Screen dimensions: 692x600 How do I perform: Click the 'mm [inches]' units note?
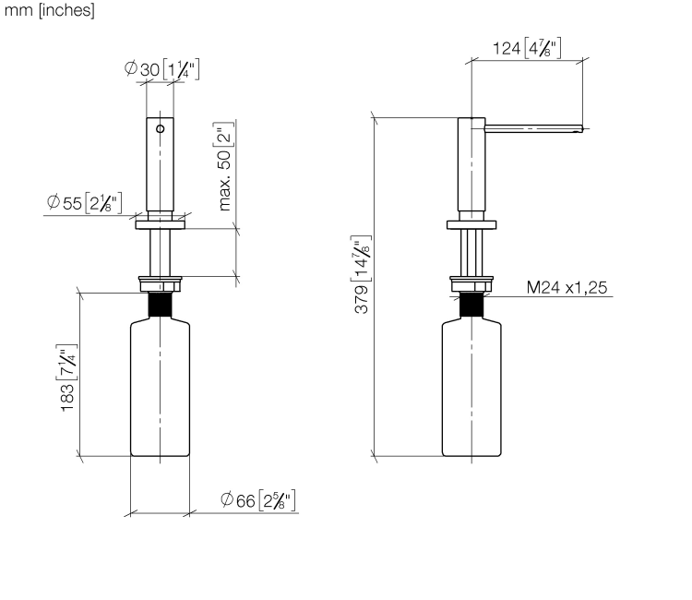pyautogui.click(x=50, y=10)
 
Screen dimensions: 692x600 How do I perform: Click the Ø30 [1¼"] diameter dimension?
pyautogui.click(x=162, y=69)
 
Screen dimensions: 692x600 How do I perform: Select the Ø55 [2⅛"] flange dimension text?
pyautogui.click(x=84, y=203)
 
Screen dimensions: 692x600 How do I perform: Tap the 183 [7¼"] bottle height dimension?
pyautogui.click(x=67, y=378)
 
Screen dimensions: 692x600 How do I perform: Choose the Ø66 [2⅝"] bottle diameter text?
pyautogui.click(x=257, y=500)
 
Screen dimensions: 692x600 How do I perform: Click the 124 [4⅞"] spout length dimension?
pyautogui.click(x=527, y=48)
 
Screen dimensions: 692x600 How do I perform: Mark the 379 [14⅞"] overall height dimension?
pyautogui.click(x=362, y=274)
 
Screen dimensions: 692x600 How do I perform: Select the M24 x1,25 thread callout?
pyautogui.click(x=567, y=287)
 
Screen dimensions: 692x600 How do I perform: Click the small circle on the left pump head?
pyautogui.click(x=161, y=128)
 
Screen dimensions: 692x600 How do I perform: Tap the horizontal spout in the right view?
pyautogui.click(x=534, y=129)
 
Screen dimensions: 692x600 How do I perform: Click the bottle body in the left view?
pyautogui.click(x=161, y=389)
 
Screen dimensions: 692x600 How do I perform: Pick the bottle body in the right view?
pyautogui.click(x=471, y=389)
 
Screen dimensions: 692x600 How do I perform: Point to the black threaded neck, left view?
pyautogui.click(x=160, y=305)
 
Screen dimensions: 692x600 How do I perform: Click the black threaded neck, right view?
pyautogui.click(x=471, y=305)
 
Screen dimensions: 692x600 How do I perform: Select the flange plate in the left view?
pyautogui.click(x=161, y=224)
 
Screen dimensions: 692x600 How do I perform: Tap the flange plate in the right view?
pyautogui.click(x=471, y=224)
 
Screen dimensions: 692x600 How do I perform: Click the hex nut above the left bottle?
pyautogui.click(x=160, y=284)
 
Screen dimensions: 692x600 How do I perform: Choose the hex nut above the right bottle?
pyautogui.click(x=471, y=284)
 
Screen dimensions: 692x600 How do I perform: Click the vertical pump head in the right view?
pyautogui.click(x=471, y=164)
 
